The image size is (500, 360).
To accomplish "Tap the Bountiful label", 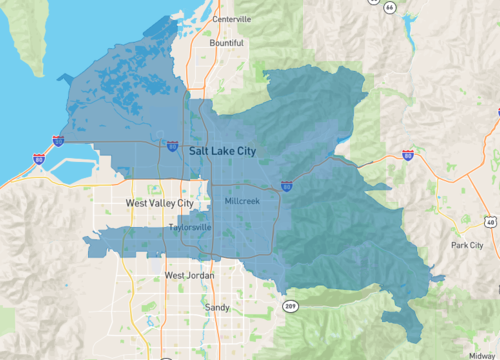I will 226,43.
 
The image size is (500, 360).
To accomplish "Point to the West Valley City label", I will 160,203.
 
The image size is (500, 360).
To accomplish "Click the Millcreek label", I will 242,203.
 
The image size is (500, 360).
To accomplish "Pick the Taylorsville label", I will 190,227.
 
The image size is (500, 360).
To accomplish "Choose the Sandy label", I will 216,307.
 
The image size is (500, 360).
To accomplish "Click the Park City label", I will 467,245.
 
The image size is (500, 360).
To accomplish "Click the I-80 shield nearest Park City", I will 408,154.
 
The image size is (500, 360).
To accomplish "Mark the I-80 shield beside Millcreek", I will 288,185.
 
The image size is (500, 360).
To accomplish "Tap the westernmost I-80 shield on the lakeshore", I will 38,158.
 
